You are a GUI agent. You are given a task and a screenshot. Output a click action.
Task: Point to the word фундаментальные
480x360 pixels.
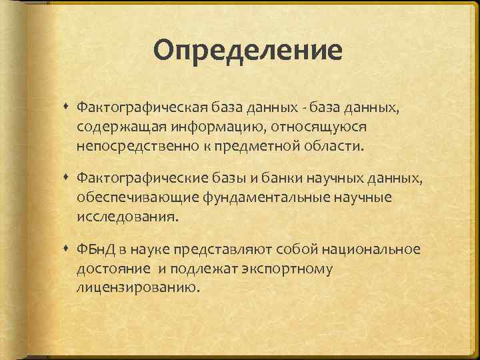coord(253,197)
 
